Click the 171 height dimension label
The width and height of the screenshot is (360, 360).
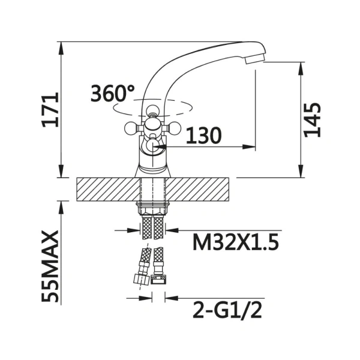50,110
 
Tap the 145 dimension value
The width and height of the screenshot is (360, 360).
312,120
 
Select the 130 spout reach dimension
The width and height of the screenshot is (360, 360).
203,136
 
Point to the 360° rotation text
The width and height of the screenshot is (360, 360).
113,93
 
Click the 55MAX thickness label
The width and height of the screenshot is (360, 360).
50,266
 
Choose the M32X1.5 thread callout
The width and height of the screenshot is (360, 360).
236,242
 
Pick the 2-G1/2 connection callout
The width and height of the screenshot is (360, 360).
227,310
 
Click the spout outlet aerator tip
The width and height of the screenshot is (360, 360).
255,59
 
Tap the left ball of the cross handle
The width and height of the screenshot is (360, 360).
130,128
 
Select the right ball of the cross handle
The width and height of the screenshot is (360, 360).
175,128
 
